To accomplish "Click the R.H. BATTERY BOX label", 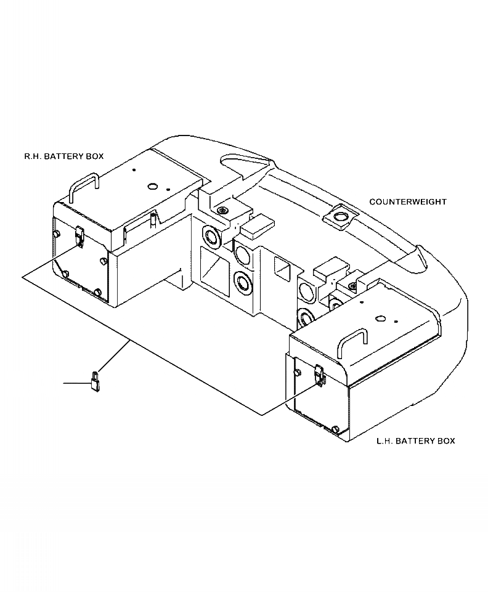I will coord(63,156).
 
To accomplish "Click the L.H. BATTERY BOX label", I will coord(415,441).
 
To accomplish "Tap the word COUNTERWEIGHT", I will coord(408,202).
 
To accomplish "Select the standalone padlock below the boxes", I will coord(96,381).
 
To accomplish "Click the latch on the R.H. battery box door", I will coord(79,236).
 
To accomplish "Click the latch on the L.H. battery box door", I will coord(319,374).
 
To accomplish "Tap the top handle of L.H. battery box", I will coord(352,341).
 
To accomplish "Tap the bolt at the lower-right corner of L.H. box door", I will coord(335,429).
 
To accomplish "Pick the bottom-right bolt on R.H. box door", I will coord(97,291).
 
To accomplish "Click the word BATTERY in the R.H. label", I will coord(68,156).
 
